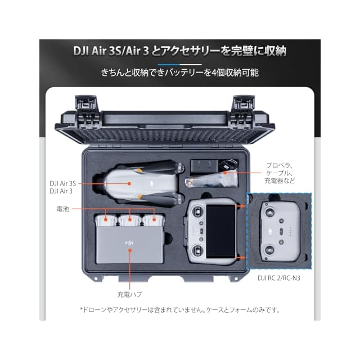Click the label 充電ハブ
(x=130, y=294)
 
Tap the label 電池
(x=62, y=209)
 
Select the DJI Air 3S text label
(x=62, y=183)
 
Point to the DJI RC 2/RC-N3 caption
(x=279, y=278)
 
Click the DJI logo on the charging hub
(x=129, y=243)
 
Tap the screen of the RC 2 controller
(x=220, y=231)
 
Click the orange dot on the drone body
(x=129, y=183)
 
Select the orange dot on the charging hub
(x=130, y=250)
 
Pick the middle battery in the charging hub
(x=130, y=220)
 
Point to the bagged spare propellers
(x=211, y=179)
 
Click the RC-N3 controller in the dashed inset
(x=281, y=232)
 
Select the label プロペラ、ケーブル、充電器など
(x=280, y=173)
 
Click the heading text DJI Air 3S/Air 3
(x=111, y=51)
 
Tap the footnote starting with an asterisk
(x=180, y=310)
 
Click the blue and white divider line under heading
(x=180, y=65)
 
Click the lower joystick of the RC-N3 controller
(x=269, y=250)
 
